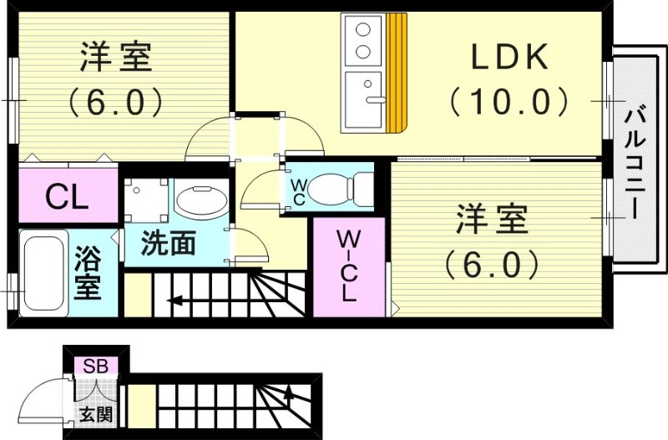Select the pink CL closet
coord(67,197)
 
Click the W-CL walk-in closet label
coord(348,266)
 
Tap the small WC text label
coord(297,190)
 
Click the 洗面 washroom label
coord(168,244)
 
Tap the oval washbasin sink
coord(200,201)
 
